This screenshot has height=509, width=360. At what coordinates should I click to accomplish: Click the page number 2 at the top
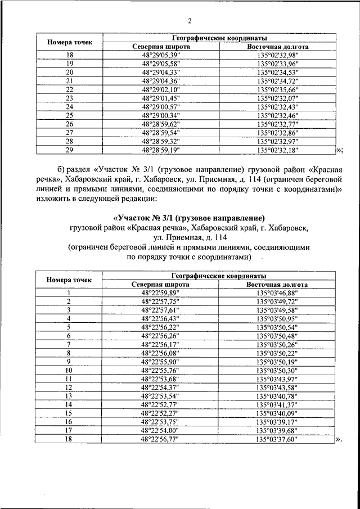[x=190, y=21]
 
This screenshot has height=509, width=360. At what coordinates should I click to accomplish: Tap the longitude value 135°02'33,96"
[x=277, y=64]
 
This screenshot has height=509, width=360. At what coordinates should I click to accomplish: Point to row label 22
[x=70, y=89]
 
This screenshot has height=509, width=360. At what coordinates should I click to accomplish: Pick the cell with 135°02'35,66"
[x=277, y=89]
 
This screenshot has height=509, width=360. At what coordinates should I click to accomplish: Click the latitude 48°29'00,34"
[x=160, y=115]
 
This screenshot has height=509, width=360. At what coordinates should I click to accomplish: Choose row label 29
[x=70, y=150]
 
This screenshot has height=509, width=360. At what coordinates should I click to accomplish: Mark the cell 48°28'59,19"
[x=160, y=150]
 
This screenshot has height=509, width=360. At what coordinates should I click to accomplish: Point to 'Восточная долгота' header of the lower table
[x=276, y=285]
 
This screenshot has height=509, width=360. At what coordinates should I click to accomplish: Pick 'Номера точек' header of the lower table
[x=69, y=280]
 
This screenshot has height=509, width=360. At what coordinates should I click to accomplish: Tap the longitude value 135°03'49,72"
[x=276, y=301]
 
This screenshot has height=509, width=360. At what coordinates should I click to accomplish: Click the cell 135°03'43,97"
[x=276, y=379]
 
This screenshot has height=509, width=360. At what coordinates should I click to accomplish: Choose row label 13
[x=69, y=396]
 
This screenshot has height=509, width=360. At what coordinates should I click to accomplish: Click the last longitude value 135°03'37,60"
[x=276, y=439]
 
